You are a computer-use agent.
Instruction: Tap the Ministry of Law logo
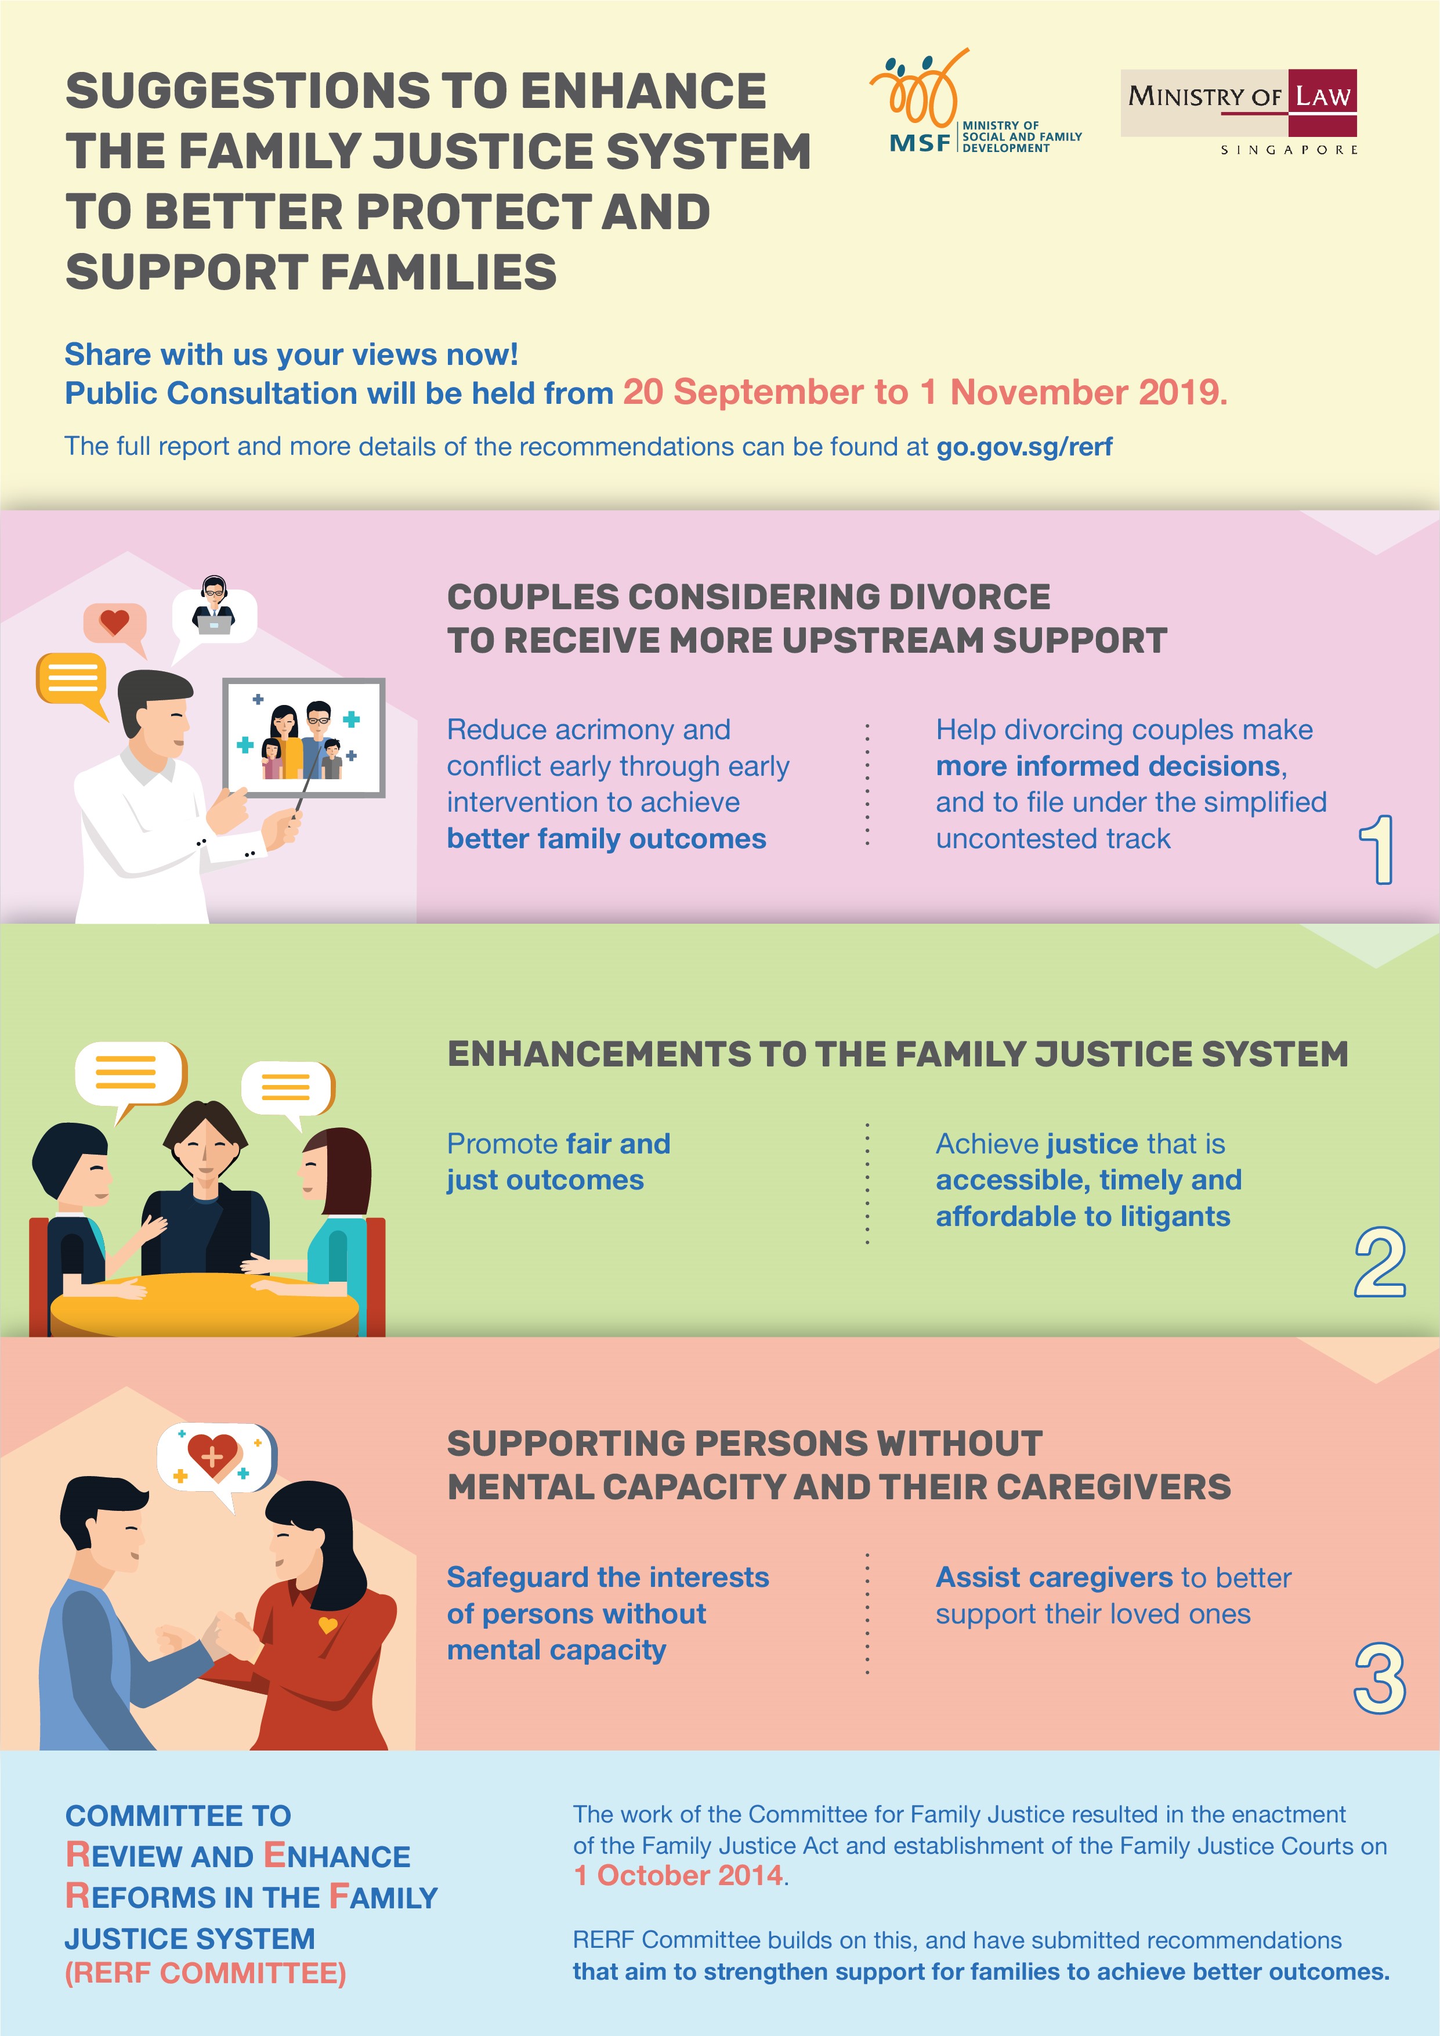click(x=1239, y=112)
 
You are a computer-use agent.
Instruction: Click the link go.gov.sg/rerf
click(x=1024, y=447)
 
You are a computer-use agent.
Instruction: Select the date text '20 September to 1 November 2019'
click(x=925, y=393)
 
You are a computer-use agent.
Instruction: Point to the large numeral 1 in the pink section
click(x=1377, y=849)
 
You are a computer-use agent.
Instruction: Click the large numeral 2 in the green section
click(x=1380, y=1263)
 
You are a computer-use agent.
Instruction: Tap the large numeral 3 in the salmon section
click(x=1380, y=1678)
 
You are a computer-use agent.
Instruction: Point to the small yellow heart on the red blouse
click(x=327, y=1625)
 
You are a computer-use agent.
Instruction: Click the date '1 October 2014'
click(x=678, y=1875)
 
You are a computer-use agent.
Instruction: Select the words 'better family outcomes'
click(x=606, y=839)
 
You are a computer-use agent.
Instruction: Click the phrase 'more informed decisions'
click(x=1110, y=766)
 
